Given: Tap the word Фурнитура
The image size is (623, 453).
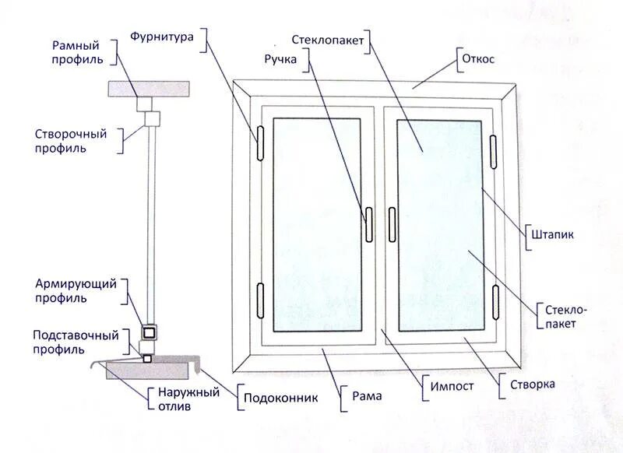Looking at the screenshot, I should coord(161,35).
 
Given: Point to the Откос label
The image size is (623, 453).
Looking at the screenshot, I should coord(478,58).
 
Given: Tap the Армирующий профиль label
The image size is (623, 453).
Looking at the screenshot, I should coord(71,290).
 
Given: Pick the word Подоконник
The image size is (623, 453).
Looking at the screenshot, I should coord(281,398).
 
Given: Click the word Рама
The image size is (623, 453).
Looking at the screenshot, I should coord(366,397).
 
